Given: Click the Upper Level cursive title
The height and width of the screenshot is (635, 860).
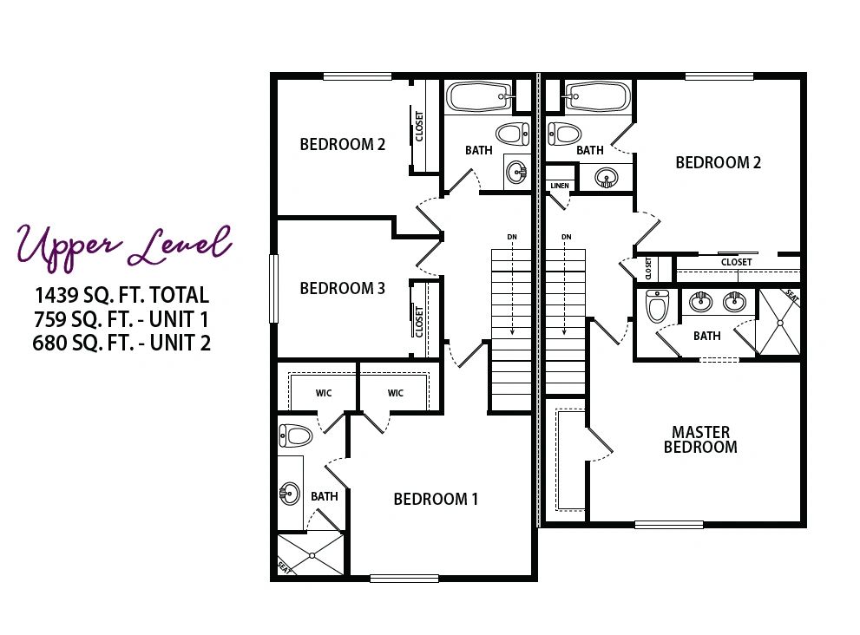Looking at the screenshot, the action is [124, 246].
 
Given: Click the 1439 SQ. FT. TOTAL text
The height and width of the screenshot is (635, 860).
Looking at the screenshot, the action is [121, 295].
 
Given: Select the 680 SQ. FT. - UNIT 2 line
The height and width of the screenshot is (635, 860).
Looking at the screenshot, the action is [121, 343].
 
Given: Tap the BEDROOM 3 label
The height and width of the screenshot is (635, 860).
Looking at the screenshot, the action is [342, 288].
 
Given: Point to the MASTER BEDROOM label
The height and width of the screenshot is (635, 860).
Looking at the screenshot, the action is [700, 440].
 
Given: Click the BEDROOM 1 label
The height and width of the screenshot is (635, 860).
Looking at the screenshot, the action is [436, 499].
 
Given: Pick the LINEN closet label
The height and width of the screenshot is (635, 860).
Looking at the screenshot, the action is [560, 186].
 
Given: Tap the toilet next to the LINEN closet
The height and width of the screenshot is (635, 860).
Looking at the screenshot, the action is [564, 134].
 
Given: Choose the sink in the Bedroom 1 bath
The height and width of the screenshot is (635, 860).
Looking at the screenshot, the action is [290, 493].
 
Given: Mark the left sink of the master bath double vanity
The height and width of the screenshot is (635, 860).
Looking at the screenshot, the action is [700, 301].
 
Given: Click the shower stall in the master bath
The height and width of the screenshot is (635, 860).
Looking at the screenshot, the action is [778, 323].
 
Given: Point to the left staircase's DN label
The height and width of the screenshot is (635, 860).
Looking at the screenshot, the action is [512, 237].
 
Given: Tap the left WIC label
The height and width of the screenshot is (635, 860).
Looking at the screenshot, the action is [324, 393].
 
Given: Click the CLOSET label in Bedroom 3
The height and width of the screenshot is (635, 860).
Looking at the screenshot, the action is [419, 322].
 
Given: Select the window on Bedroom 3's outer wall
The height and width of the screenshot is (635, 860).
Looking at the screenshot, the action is [273, 288].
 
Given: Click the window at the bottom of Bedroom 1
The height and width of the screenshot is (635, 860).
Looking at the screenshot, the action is [404, 578].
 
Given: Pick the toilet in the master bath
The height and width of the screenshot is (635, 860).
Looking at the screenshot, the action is [657, 306].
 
